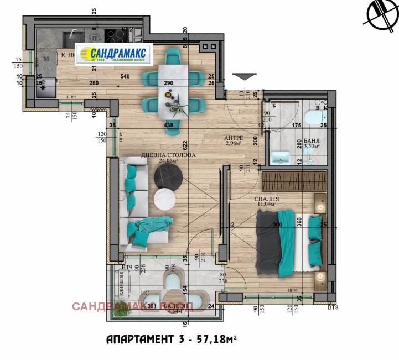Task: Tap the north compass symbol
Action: (380, 14)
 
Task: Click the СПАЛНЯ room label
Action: (266, 199)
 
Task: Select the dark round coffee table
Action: (168, 178)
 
